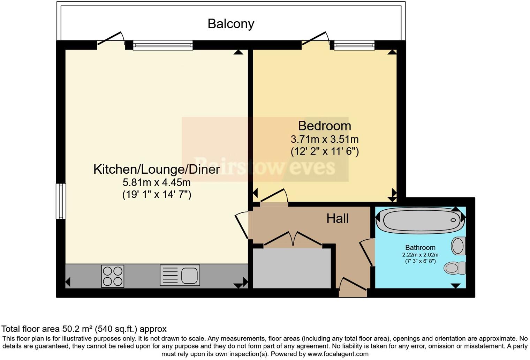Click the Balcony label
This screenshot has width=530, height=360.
pyautogui.click(x=230, y=24)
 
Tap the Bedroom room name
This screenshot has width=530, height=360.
pyautogui.click(x=324, y=126)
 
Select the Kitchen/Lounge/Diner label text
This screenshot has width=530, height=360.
pyautogui.click(x=157, y=169)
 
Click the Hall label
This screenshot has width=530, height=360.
pyautogui.click(x=337, y=218)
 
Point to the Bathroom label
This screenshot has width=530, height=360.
pyautogui.click(x=420, y=248)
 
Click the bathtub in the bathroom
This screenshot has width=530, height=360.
pyautogui.click(x=421, y=220)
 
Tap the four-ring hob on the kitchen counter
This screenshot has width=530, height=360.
pyautogui.click(x=113, y=276)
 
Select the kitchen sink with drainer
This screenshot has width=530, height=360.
pyautogui.click(x=180, y=275)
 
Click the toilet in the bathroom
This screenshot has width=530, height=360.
pyautogui.click(x=455, y=268)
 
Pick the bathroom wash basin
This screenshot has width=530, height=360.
pyautogui.click(x=458, y=246)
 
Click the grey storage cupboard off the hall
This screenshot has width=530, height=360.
pyautogui.click(x=291, y=268)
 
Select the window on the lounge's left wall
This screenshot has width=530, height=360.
pyautogui.click(x=61, y=201)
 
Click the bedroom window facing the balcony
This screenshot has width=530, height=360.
pyautogui.click(x=354, y=45)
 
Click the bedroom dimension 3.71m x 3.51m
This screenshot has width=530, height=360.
pyautogui.click(x=324, y=140)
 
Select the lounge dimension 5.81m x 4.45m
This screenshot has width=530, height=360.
pyautogui.click(x=157, y=182)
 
